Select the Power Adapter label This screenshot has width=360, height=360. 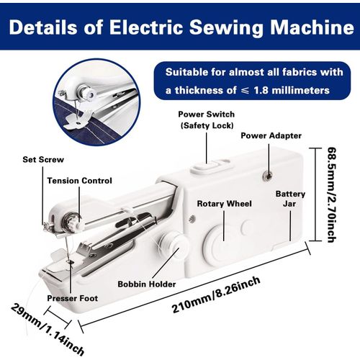(270, 135)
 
